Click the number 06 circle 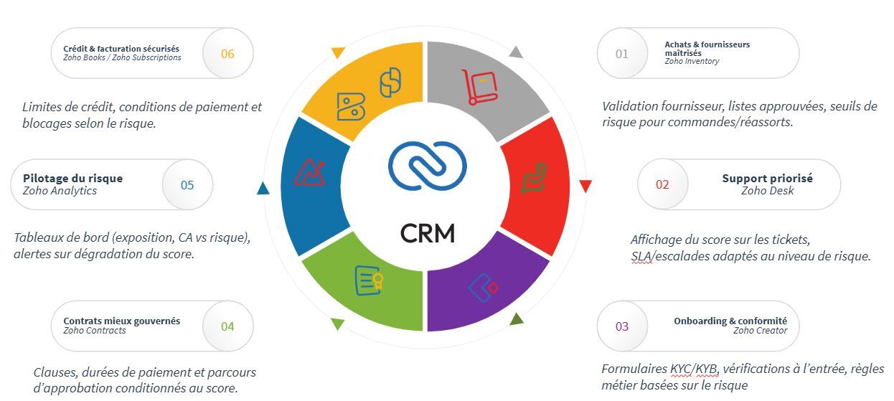click(227, 54)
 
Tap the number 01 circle click(622, 54)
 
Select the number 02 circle click(662, 185)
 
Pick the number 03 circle click(622, 327)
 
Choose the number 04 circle click(227, 327)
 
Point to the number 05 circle click(187, 185)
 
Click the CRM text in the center click(427, 233)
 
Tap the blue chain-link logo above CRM click(427, 166)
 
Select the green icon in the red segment click(534, 178)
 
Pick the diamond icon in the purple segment click(483, 287)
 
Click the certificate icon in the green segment click(369, 280)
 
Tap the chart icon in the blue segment click(311, 173)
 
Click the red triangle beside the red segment click(585, 187)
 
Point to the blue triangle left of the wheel click(263, 189)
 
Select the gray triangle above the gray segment click(516, 52)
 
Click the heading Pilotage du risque click(72, 179)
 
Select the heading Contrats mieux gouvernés click(121, 321)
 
